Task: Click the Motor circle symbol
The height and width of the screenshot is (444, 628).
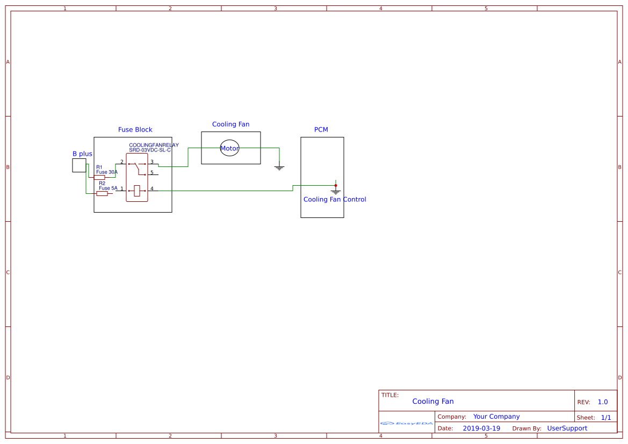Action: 229,148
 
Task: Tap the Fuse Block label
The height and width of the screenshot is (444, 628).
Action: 135,129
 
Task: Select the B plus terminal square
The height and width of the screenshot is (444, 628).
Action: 79,165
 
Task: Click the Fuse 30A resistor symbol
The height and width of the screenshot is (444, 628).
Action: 99,177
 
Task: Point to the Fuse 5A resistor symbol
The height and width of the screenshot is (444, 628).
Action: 102,193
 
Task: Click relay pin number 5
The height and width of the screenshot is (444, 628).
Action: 152,172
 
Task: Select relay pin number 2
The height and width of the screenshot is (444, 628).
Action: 122,162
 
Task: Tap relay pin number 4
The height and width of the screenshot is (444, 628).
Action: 152,188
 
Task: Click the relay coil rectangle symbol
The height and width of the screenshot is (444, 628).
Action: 137,191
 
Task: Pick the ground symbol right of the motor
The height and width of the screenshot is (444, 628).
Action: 279,167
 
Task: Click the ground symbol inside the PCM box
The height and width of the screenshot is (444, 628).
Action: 336,191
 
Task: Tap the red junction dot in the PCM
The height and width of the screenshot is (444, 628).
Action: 336,185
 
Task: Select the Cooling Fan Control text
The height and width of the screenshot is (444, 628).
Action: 335,199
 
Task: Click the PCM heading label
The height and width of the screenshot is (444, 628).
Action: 321,129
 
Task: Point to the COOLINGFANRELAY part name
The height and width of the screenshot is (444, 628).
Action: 154,145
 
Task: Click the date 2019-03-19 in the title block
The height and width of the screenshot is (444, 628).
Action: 481,428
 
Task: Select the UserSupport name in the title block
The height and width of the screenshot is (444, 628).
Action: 567,428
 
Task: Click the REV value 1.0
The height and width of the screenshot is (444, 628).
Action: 603,402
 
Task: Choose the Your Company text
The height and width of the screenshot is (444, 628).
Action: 496,417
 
